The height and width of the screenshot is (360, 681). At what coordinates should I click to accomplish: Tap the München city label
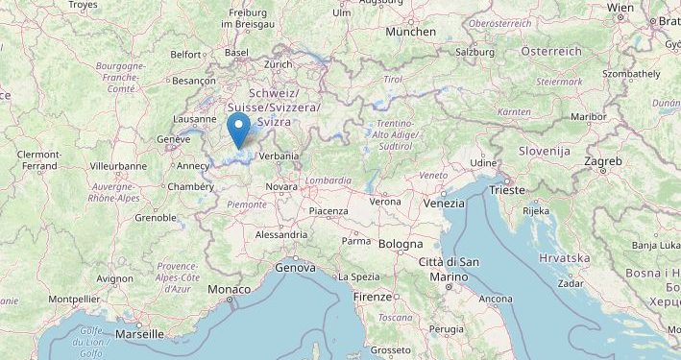click(410, 32)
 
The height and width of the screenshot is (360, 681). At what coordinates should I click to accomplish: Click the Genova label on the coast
click(295, 268)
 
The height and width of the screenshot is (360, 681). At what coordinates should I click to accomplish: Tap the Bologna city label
click(401, 245)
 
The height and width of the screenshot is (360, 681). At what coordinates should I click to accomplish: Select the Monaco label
click(229, 289)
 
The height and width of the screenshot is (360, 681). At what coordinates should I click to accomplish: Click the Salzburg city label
click(475, 52)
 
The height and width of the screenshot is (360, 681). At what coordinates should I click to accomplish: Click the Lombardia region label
click(327, 180)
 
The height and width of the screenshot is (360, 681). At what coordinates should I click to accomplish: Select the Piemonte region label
click(246, 203)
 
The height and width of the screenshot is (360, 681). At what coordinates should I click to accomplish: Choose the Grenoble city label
click(156, 218)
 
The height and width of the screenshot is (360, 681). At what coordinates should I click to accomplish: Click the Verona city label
click(385, 202)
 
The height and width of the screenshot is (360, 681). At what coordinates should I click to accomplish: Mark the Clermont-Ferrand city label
click(39, 160)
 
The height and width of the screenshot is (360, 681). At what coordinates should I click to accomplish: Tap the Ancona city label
click(496, 299)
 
